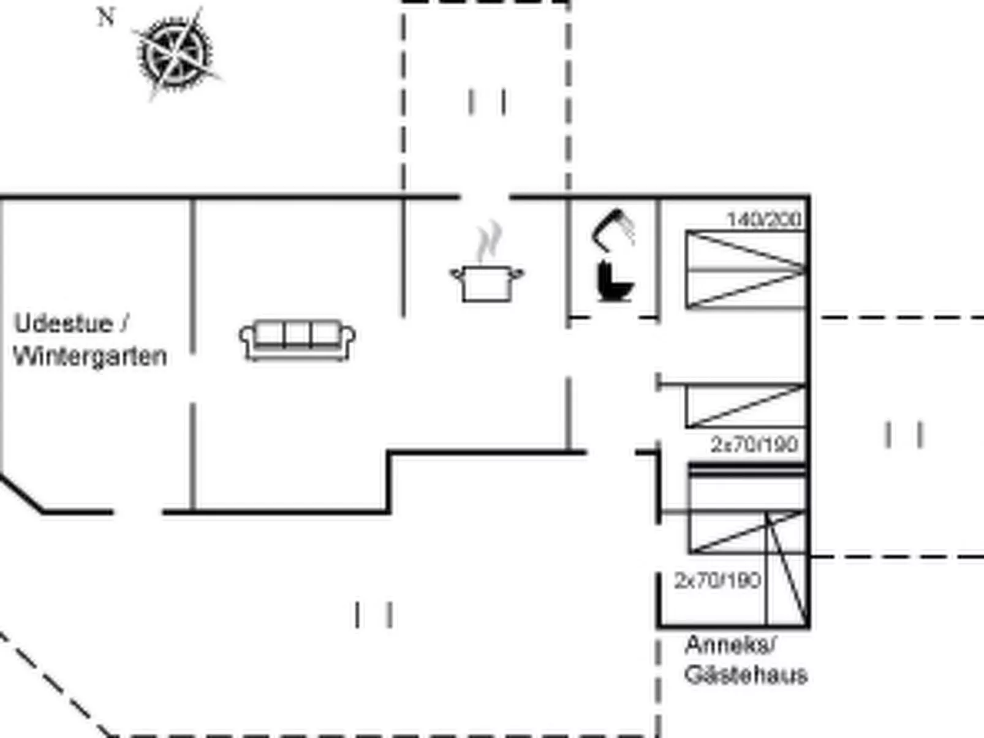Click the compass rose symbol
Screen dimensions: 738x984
click(176, 53)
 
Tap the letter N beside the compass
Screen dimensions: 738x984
click(106, 17)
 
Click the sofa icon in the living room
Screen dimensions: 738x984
click(297, 340)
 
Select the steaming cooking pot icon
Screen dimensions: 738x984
click(487, 283)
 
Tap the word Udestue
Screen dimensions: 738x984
click(63, 323)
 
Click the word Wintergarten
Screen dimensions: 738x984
click(90, 356)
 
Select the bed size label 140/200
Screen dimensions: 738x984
click(764, 219)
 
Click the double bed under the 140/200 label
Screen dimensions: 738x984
click(745, 269)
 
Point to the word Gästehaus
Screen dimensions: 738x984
click(746, 675)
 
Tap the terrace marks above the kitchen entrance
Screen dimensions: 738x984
click(487, 102)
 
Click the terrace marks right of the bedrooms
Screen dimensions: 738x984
click(904, 435)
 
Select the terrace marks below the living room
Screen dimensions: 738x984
click(373, 614)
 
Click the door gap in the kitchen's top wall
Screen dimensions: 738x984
click(485, 197)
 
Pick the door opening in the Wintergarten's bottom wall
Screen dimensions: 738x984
click(138, 511)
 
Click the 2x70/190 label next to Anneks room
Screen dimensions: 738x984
click(717, 580)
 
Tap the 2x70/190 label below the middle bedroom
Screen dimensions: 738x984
click(754, 444)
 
